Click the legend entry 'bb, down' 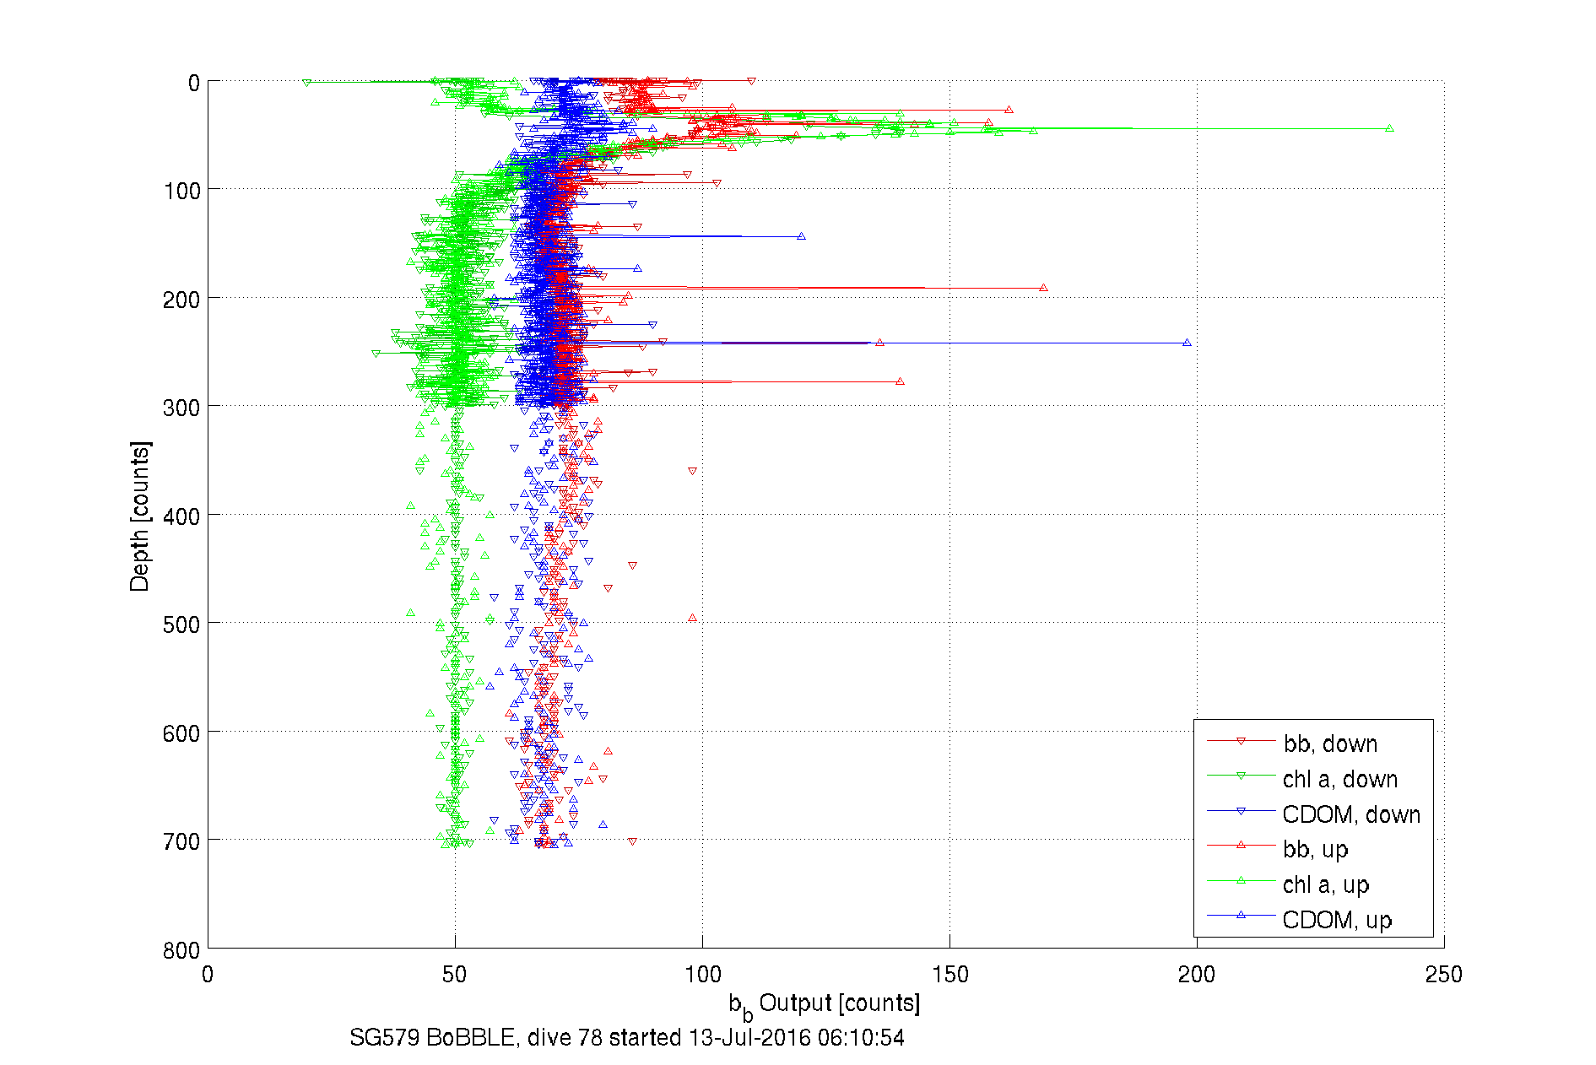pyautogui.click(x=1330, y=743)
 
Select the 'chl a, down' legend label pyautogui.click(x=1339, y=779)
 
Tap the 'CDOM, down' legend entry pyautogui.click(x=1350, y=814)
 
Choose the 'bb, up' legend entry pyautogui.click(x=1315, y=849)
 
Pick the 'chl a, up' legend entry pyautogui.click(x=1325, y=884)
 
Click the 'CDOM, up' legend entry pyautogui.click(x=1336, y=920)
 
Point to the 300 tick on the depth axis pyautogui.click(x=181, y=408)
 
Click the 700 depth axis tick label pyautogui.click(x=181, y=841)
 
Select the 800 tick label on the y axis pyautogui.click(x=181, y=950)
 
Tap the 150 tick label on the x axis pyautogui.click(x=949, y=975)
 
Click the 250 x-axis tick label pyautogui.click(x=1443, y=975)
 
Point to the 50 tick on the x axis pyautogui.click(x=455, y=975)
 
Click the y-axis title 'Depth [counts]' pyautogui.click(x=140, y=516)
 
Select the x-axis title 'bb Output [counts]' pyautogui.click(x=825, y=1004)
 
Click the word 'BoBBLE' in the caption pyautogui.click(x=470, y=1037)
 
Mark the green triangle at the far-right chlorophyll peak pyautogui.click(x=1389, y=128)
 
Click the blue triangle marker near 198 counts pyautogui.click(x=1187, y=343)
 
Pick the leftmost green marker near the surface pyautogui.click(x=306, y=83)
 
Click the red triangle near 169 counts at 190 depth pyautogui.click(x=1044, y=288)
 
